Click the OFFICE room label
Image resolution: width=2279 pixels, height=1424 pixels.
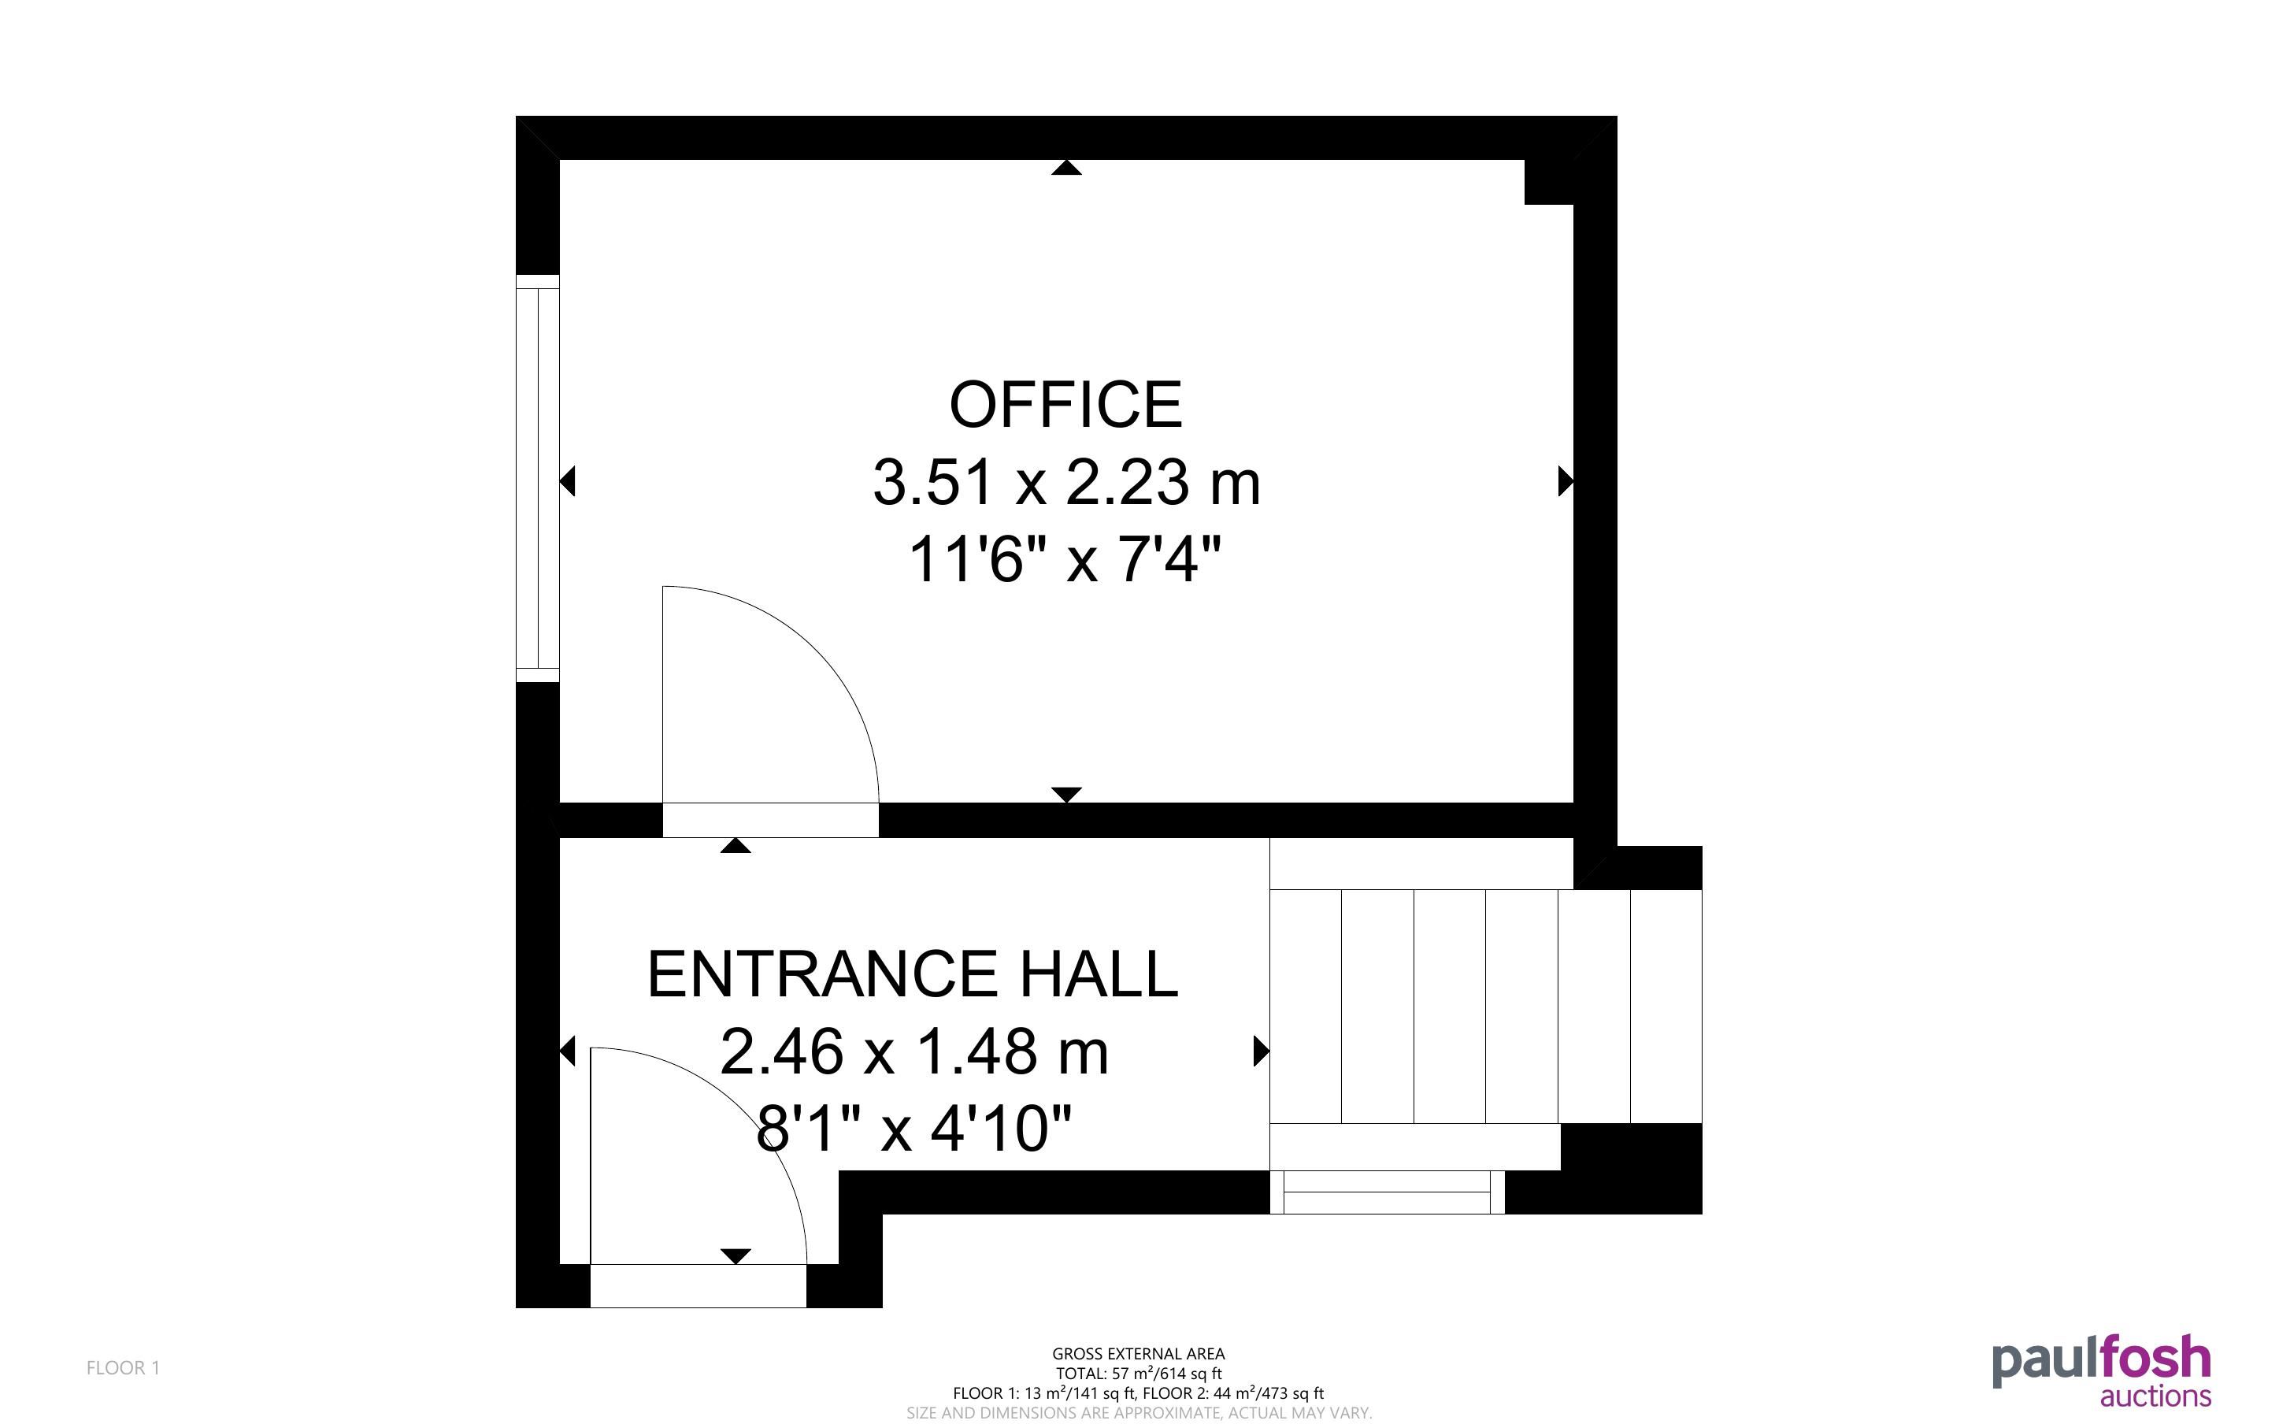coord(1065,405)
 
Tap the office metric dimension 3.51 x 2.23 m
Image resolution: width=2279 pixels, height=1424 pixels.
coord(1066,482)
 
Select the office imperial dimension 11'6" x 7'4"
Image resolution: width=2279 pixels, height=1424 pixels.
coord(1065,559)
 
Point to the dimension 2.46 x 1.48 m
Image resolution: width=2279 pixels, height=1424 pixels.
coord(914,1051)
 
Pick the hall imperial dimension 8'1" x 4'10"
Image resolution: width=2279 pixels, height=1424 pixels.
coord(914,1129)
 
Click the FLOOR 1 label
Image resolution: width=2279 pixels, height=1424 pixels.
coord(124,1367)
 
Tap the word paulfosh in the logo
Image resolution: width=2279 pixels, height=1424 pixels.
coord(2101,1362)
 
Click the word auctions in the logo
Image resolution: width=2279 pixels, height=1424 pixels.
coord(2155,1395)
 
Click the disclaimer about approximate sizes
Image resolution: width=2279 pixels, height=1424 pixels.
coord(1139,1413)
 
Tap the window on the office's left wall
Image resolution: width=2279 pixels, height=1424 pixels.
coord(538,478)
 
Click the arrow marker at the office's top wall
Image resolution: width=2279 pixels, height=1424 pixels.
coord(1065,168)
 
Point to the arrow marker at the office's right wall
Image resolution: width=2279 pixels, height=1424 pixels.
coord(1566,481)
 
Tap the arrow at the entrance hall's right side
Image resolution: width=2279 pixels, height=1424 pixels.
coord(1262,1051)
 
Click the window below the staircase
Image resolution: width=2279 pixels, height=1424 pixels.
coord(1388,1192)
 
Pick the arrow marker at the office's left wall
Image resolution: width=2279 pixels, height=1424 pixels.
coord(568,481)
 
